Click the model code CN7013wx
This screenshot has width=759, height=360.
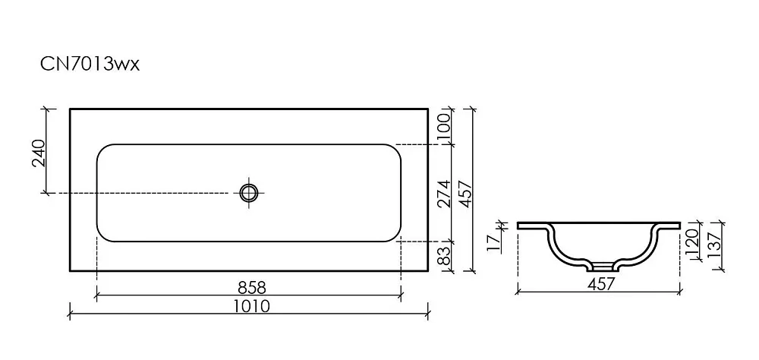(x=90, y=64)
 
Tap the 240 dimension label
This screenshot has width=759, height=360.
(x=38, y=153)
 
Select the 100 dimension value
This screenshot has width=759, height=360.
(x=444, y=128)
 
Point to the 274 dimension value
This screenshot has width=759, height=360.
(x=444, y=194)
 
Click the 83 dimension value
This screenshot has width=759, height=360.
(x=444, y=255)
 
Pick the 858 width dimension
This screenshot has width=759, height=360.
(x=252, y=287)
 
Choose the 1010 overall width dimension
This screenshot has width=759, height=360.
(x=251, y=306)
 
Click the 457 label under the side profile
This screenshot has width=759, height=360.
(x=600, y=284)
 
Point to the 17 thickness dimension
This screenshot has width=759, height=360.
(x=493, y=242)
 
